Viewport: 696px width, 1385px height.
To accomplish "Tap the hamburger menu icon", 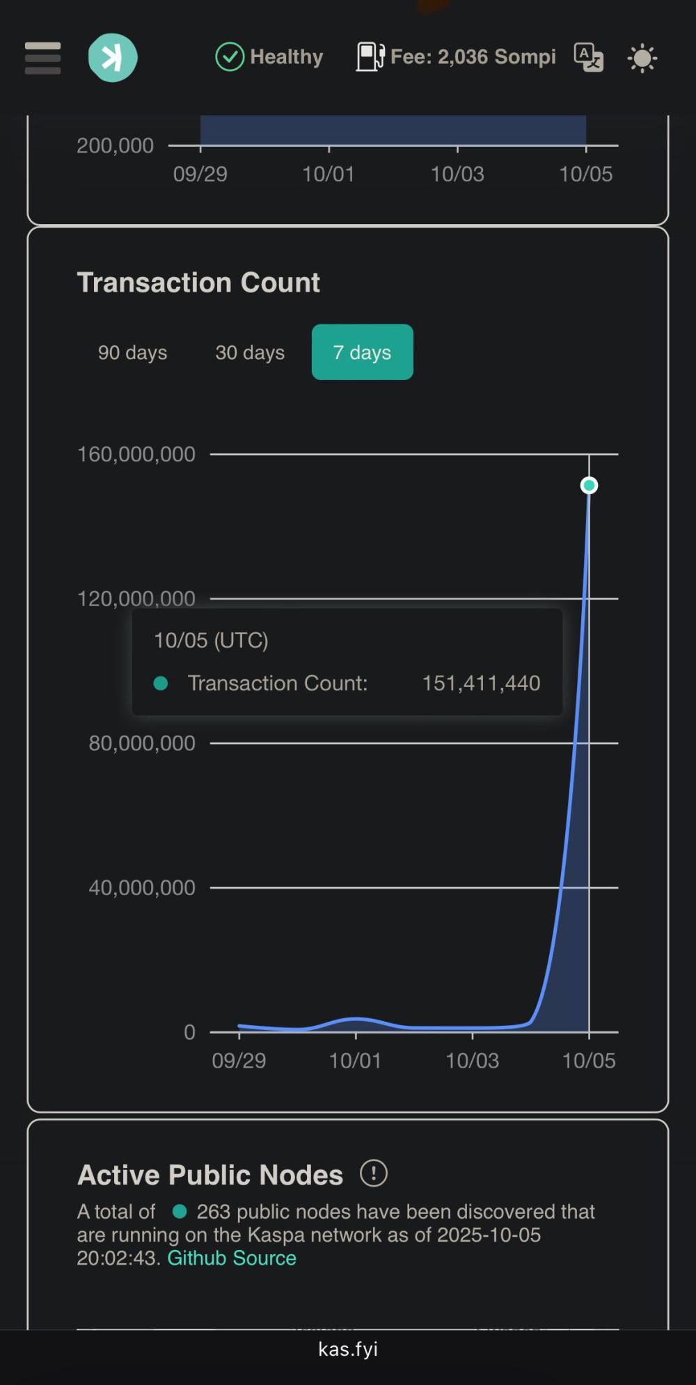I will pyautogui.click(x=42, y=58).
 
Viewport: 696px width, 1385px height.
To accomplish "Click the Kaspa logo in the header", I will pyautogui.click(x=112, y=58).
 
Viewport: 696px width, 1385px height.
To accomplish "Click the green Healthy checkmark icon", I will pyautogui.click(x=230, y=57).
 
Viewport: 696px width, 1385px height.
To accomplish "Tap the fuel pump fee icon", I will pyautogui.click(x=370, y=57).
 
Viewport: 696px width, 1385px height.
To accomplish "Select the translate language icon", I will pyautogui.click(x=588, y=58).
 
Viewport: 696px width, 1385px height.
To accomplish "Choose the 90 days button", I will pyautogui.click(x=132, y=353).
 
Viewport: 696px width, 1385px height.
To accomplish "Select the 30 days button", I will pyautogui.click(x=250, y=353).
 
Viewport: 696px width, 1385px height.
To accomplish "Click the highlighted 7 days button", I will pyautogui.click(x=362, y=353).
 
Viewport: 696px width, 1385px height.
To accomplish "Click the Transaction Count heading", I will pyautogui.click(x=198, y=283).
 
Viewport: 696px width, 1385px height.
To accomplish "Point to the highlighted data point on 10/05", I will pyautogui.click(x=589, y=485).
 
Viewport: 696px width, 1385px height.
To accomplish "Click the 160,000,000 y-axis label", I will pyautogui.click(x=136, y=454).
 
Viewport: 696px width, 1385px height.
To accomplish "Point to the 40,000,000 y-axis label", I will pyautogui.click(x=142, y=888).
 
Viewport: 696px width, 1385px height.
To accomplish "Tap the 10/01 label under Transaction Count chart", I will pyautogui.click(x=355, y=1061).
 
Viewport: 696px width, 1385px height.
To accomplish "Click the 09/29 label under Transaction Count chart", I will pyautogui.click(x=239, y=1061).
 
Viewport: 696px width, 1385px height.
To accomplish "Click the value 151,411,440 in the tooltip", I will pyautogui.click(x=481, y=683).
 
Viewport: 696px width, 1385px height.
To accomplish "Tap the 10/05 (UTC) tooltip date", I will pyautogui.click(x=211, y=640).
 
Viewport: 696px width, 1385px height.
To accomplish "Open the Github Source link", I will pyautogui.click(x=232, y=1258).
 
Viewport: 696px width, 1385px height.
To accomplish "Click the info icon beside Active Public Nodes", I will pyautogui.click(x=374, y=1173).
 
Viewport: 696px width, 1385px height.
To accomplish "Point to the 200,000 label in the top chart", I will pyautogui.click(x=115, y=145).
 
